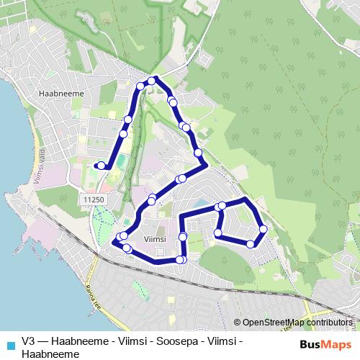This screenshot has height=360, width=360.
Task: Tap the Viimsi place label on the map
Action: pos(155,238)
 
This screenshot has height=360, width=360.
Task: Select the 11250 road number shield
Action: pos(94,199)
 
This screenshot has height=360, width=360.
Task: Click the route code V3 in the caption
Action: pos(29,341)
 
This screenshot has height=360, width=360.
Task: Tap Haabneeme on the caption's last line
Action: pos(50,354)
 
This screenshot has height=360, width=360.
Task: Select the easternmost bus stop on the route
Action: pos(263,229)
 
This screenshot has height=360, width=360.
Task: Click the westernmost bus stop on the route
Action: pos(101,166)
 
